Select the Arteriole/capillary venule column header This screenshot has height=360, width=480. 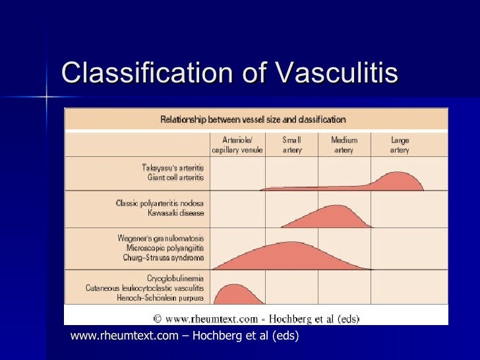point(237,145)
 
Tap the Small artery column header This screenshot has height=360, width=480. point(291,145)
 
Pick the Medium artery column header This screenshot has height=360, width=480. point(344,145)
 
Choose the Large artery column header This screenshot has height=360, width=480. point(400,145)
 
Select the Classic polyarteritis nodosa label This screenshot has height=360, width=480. point(160,203)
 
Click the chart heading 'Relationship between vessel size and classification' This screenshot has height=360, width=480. point(253,120)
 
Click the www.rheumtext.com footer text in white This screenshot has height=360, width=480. point(184,336)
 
